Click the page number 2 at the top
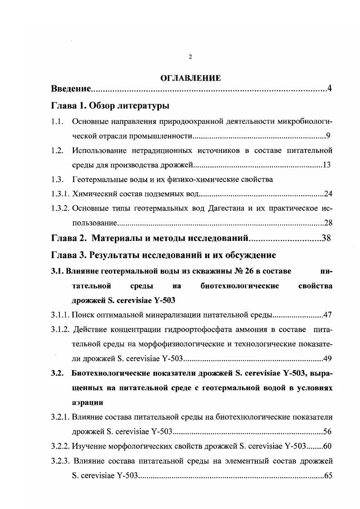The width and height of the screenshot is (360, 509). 191,57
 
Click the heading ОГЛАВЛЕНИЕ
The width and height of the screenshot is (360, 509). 191,78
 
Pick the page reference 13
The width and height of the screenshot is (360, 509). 326,164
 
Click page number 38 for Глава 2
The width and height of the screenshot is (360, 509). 326,238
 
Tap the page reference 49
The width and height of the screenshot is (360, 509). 328,358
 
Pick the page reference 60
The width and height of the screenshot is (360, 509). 327,446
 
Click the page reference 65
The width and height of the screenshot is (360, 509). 328,475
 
